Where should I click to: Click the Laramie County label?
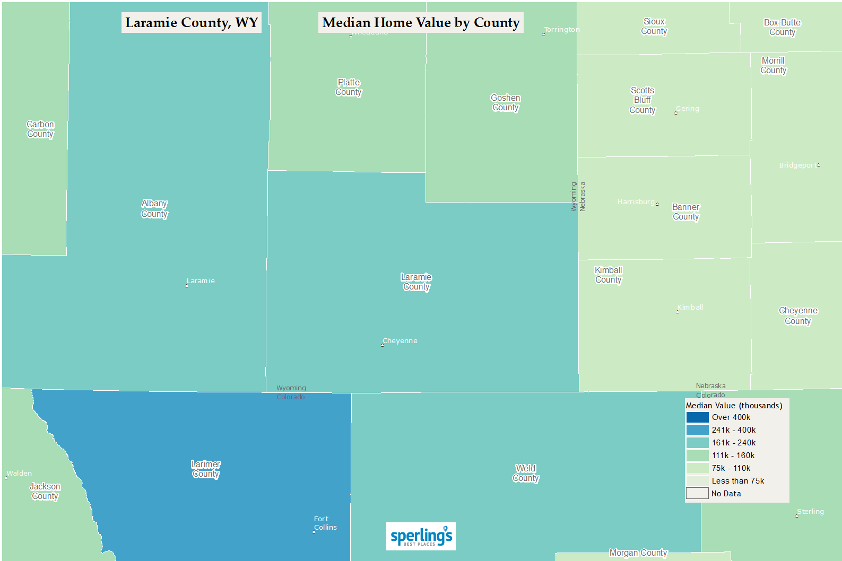(x=416, y=282)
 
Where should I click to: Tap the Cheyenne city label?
(x=400, y=341)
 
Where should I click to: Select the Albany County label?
(x=154, y=209)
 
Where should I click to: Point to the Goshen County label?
(x=505, y=103)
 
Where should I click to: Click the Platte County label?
(x=349, y=87)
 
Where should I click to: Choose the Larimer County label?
(x=206, y=469)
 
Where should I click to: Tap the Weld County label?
(x=526, y=473)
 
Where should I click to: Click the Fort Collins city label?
(x=325, y=523)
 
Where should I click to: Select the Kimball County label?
(x=608, y=275)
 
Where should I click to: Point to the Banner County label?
(x=685, y=212)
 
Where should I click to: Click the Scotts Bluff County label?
(x=643, y=100)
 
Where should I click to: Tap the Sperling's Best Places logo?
(x=421, y=537)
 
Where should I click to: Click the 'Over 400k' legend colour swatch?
(x=697, y=417)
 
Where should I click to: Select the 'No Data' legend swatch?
(x=697, y=494)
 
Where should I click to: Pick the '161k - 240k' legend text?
(x=734, y=443)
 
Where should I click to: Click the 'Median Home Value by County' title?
(x=421, y=23)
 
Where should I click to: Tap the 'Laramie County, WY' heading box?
(x=192, y=23)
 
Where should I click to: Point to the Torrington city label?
(x=562, y=30)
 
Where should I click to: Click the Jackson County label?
(x=45, y=492)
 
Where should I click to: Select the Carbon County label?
(x=40, y=129)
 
